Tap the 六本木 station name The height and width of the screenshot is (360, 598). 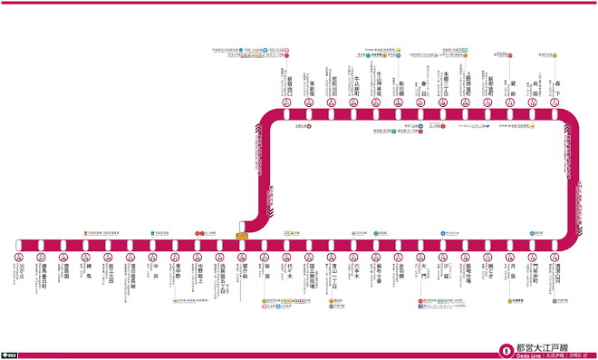(x=353, y=273)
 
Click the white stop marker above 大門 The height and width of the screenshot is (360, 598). (x=420, y=245)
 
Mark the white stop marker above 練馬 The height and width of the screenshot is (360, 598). (x=86, y=245)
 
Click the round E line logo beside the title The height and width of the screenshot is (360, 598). (x=503, y=347)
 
